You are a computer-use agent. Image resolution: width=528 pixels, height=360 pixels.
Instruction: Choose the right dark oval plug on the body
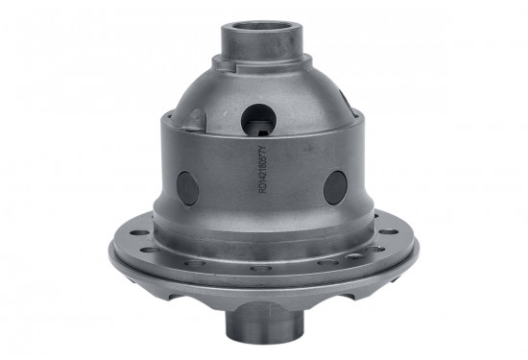click(x=334, y=186)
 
